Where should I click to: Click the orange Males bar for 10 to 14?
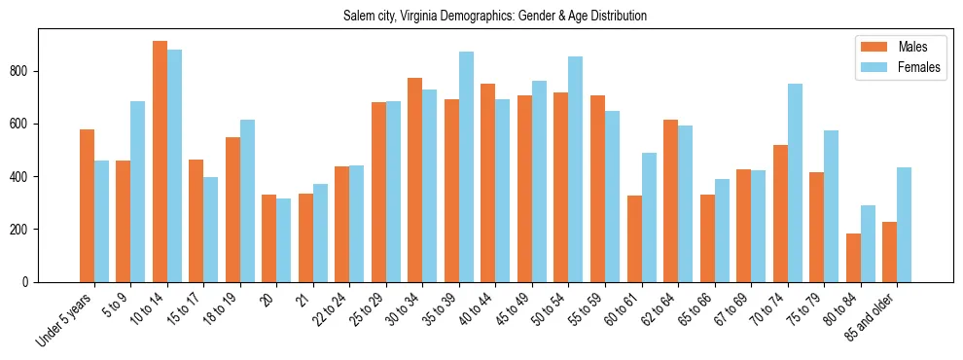coord(160,162)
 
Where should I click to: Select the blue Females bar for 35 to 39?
coord(467,166)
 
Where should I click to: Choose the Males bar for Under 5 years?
coord(87,205)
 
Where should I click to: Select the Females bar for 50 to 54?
coord(576,169)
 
